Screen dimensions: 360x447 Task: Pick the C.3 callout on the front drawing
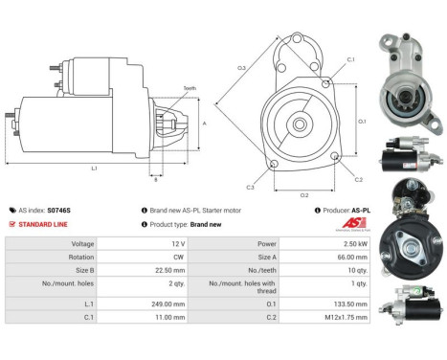click(250, 187)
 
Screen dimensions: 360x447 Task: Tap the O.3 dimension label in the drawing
click(241, 68)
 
